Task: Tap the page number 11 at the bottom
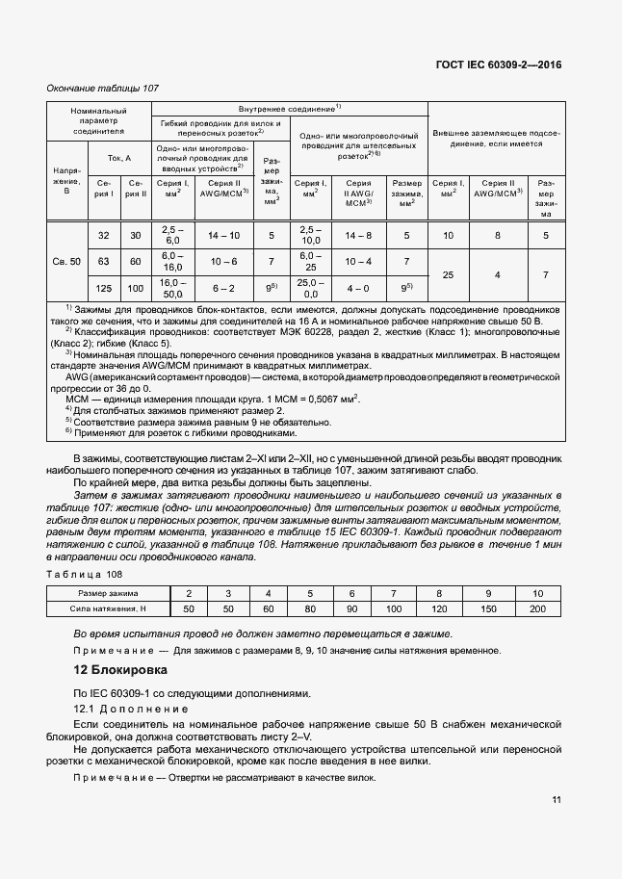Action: click(x=557, y=799)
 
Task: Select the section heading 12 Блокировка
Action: click(x=120, y=669)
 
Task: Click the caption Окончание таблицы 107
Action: click(x=103, y=89)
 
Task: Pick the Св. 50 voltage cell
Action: click(x=68, y=261)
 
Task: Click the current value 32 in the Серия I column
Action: click(x=103, y=235)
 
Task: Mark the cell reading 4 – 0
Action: click(x=358, y=288)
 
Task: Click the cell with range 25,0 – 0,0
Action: click(x=310, y=288)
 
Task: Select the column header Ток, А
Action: click(x=118, y=157)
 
